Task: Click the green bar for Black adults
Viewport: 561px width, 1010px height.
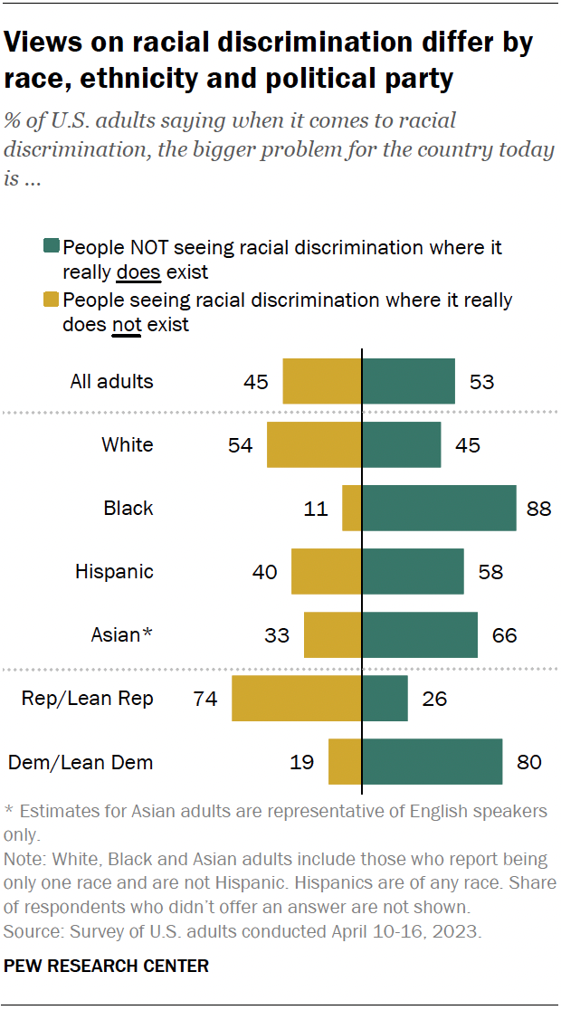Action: tap(439, 509)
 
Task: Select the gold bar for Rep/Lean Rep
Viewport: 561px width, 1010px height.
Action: tap(297, 699)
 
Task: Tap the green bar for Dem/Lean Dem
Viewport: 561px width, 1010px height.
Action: tap(432, 762)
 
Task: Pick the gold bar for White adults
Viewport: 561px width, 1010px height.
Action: tap(314, 445)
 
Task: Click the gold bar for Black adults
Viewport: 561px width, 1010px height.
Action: tap(352, 509)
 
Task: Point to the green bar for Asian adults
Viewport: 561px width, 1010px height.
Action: tap(420, 635)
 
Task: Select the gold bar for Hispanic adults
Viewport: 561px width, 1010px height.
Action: tap(326, 572)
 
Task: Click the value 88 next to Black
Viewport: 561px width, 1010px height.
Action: tap(539, 509)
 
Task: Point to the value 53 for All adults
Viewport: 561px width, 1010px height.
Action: tap(481, 382)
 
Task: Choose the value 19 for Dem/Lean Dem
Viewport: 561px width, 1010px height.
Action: tap(301, 762)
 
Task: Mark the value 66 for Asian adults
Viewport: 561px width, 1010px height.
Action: tap(504, 635)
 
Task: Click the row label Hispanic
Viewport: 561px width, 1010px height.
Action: tap(114, 572)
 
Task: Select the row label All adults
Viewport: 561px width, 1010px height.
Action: tap(111, 382)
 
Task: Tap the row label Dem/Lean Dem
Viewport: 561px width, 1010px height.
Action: tap(81, 762)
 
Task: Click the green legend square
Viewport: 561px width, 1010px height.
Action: tap(51, 247)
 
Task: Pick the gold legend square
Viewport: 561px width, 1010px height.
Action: tap(51, 300)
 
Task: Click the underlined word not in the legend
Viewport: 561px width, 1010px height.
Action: tap(125, 324)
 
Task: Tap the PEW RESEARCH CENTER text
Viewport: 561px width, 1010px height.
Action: tap(106, 967)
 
